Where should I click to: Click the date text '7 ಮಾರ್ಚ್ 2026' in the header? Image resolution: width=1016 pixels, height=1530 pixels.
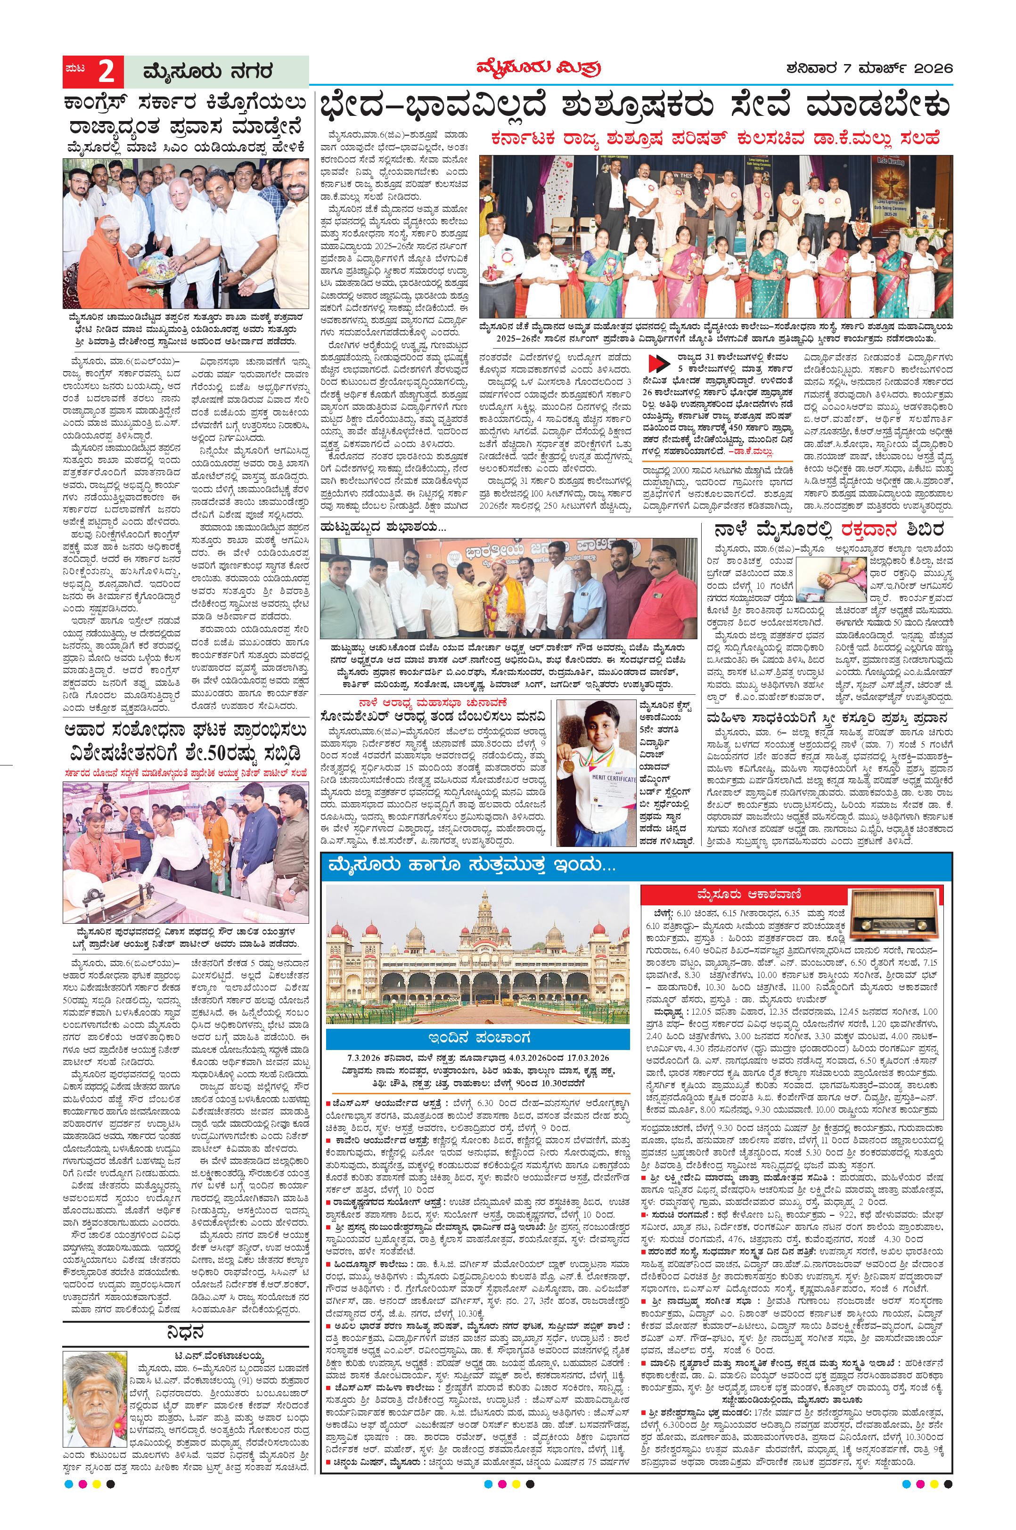click(894, 68)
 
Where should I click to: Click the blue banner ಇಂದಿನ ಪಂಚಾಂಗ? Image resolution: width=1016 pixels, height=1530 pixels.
click(477, 1038)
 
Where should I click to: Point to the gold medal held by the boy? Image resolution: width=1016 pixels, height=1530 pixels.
click(569, 765)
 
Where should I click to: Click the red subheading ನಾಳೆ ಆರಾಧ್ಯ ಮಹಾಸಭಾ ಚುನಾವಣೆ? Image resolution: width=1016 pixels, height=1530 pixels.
click(434, 702)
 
